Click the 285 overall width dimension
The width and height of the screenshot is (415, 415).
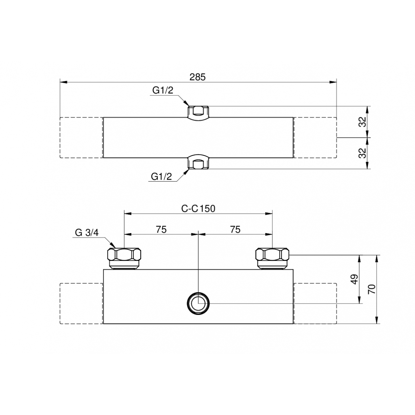[x=197, y=77]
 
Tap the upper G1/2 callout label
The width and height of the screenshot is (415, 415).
[x=163, y=90]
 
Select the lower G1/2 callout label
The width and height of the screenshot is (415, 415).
[x=161, y=176]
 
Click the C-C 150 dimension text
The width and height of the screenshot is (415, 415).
[x=198, y=209]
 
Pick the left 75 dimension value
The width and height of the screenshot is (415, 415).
[x=161, y=230]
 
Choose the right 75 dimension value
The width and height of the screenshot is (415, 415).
[x=235, y=230]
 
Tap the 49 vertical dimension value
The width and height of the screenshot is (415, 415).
[x=354, y=279]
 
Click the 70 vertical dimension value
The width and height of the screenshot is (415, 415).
[x=372, y=289]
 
